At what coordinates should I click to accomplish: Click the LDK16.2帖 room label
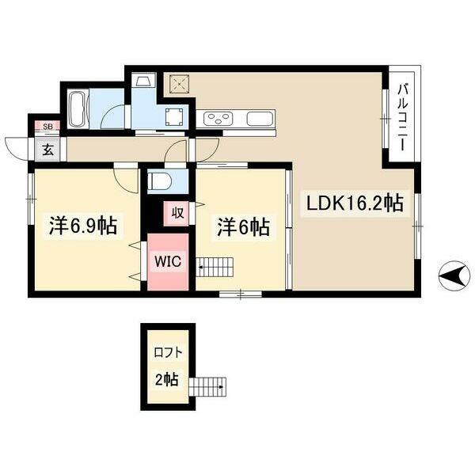(x=355, y=203)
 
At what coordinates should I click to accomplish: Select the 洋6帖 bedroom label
(x=244, y=227)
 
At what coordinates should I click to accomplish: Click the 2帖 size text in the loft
(x=166, y=379)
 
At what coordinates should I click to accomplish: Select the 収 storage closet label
(x=176, y=211)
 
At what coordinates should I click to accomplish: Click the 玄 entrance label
(x=48, y=148)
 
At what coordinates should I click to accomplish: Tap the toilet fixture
(x=158, y=180)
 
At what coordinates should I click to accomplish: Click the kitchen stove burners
(x=217, y=120)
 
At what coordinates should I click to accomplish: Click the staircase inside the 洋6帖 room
(x=217, y=267)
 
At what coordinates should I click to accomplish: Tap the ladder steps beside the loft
(x=209, y=386)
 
